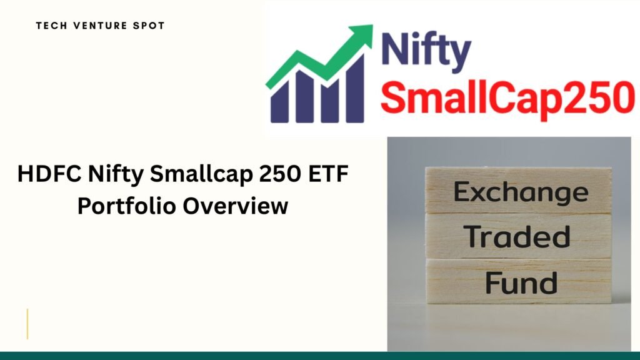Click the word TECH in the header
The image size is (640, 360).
(51, 26)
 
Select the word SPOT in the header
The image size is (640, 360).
(149, 26)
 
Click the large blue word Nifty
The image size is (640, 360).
(426, 52)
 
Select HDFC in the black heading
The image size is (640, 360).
(49, 174)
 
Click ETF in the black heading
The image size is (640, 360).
(329, 174)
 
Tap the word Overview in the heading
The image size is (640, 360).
(235, 205)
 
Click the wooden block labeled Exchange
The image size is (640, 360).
(518, 191)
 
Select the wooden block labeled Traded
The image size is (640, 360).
(518, 236)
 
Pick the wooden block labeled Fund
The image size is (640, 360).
(518, 281)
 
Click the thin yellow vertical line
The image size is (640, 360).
(27, 324)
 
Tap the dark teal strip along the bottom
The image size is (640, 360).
(320, 356)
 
